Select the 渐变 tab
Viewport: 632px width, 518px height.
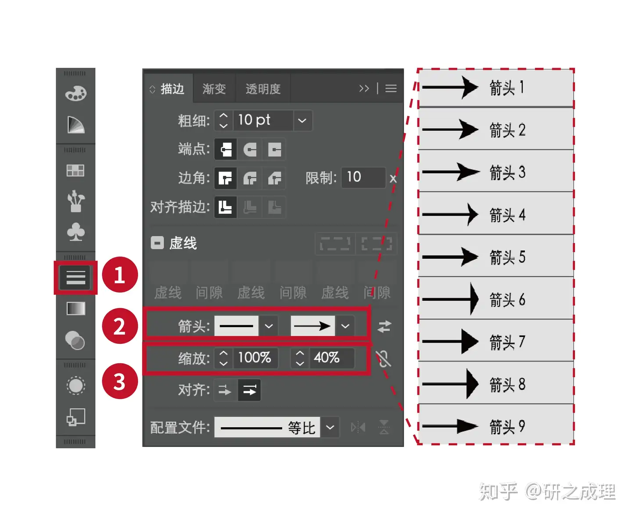pyautogui.click(x=214, y=89)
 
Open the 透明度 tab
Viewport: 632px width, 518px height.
pyautogui.click(x=263, y=89)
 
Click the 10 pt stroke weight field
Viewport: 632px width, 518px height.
pyautogui.click(x=262, y=120)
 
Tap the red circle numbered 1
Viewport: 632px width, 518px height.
pyautogui.click(x=120, y=275)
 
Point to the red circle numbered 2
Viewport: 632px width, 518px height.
pyautogui.click(x=120, y=326)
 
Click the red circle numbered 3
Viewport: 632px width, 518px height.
pyautogui.click(x=120, y=382)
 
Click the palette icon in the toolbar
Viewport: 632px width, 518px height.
pyautogui.click(x=75, y=93)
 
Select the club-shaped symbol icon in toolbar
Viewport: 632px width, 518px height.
pyautogui.click(x=75, y=232)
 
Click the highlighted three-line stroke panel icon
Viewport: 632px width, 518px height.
pyautogui.click(x=75, y=277)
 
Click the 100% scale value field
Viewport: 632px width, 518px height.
pyautogui.click(x=255, y=358)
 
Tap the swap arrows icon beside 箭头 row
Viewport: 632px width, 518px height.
pyautogui.click(x=384, y=327)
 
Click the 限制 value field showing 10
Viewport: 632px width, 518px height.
pyautogui.click(x=363, y=178)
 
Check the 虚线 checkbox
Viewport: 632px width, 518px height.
pyautogui.click(x=157, y=243)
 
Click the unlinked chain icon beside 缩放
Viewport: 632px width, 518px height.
pyautogui.click(x=384, y=359)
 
